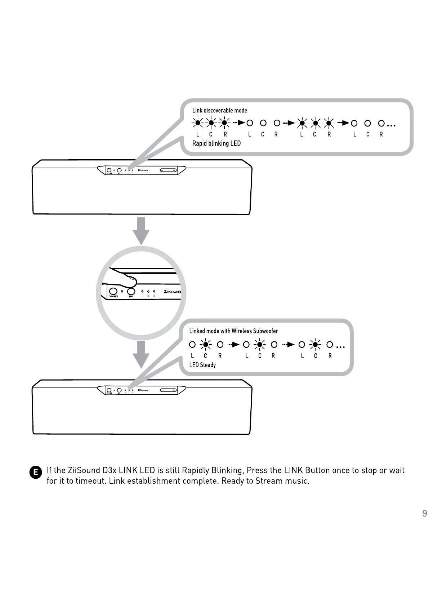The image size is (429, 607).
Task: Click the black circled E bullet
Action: pyautogui.click(x=35, y=473)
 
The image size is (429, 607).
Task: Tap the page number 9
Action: pyautogui.click(x=424, y=514)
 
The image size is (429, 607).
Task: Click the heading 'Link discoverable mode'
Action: pyautogui.click(x=219, y=110)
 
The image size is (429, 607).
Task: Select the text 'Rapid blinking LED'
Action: pyautogui.click(x=216, y=143)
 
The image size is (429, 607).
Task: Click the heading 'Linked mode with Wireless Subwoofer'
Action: pyautogui.click(x=233, y=331)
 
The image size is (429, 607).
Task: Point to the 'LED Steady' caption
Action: pyautogui.click(x=202, y=365)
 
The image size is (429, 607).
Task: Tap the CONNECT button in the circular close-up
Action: pyautogui.click(x=113, y=291)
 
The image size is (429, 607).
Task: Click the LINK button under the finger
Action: pyautogui.click(x=131, y=291)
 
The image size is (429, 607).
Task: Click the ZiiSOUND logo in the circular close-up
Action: pyautogui.click(x=172, y=291)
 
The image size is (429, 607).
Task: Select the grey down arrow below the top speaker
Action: pyautogui.click(x=141, y=231)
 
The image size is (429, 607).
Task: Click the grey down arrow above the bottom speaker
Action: pyautogui.click(x=141, y=354)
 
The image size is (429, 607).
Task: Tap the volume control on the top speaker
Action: pyautogui.click(x=169, y=170)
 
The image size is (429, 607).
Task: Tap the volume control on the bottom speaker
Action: pyautogui.click(x=169, y=390)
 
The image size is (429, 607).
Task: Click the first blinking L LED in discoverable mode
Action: pyautogui.click(x=197, y=123)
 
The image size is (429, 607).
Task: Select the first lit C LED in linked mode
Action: pyautogui.click(x=206, y=345)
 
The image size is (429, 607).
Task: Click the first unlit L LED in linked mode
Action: pyautogui.click(x=192, y=345)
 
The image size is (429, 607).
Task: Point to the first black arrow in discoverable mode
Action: pyautogui.click(x=239, y=123)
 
